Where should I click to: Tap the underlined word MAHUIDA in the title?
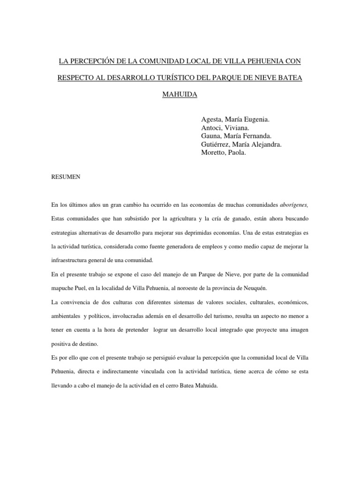(180, 95)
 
